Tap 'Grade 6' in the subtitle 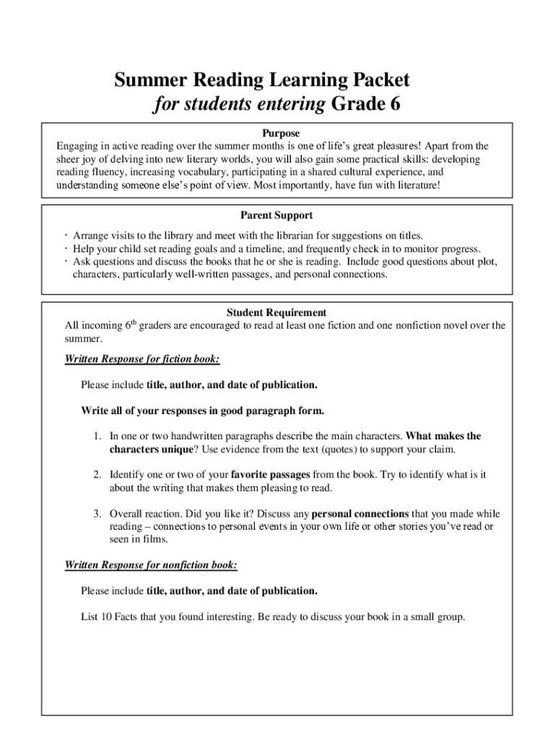click(x=365, y=105)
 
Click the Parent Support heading click(x=277, y=215)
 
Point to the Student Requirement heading click(x=277, y=313)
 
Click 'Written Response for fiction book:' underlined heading click(x=142, y=358)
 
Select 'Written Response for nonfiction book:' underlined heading click(x=151, y=564)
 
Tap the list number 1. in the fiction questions click(x=95, y=436)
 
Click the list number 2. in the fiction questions click(x=95, y=475)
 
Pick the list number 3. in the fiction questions click(x=95, y=514)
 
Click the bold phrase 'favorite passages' click(x=271, y=475)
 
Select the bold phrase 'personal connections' click(x=360, y=514)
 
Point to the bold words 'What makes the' click(x=443, y=436)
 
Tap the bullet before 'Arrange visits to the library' click(x=66, y=236)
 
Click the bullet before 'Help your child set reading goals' click(x=66, y=249)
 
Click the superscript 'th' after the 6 click(x=132, y=322)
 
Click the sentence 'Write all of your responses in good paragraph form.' click(x=202, y=410)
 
